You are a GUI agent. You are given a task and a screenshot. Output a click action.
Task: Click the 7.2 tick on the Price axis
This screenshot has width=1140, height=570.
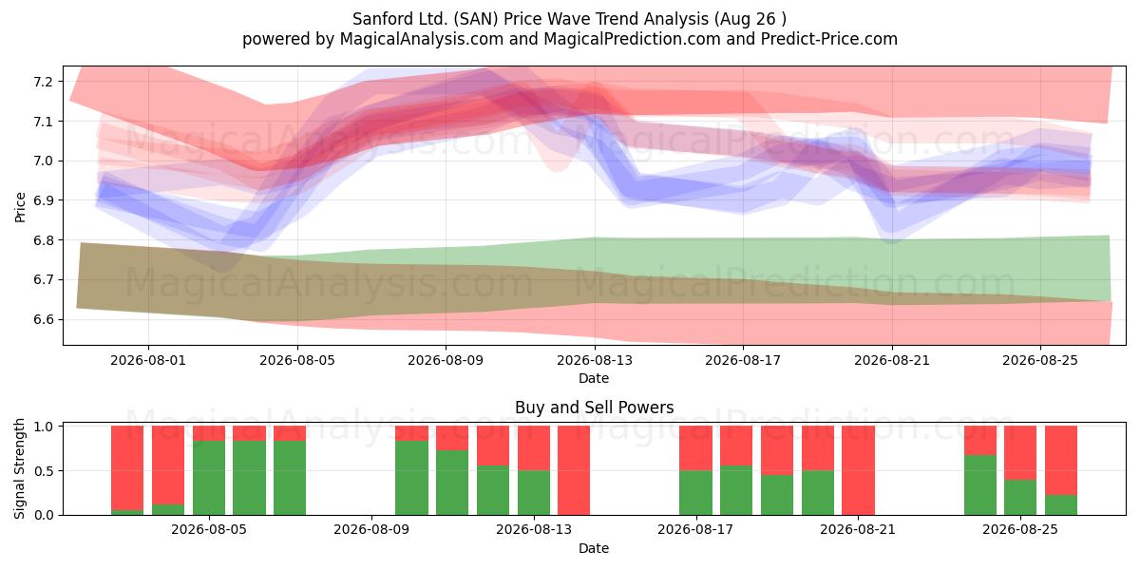coord(43,82)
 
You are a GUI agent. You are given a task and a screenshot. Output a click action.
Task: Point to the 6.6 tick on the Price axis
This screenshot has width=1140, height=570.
coord(43,319)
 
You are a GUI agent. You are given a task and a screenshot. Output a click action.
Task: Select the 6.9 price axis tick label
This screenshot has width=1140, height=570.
coord(43,200)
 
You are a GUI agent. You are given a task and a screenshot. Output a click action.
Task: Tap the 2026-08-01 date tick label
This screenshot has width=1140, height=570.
coord(148,360)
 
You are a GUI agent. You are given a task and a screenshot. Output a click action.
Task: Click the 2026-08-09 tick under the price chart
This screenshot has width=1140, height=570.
coord(446,360)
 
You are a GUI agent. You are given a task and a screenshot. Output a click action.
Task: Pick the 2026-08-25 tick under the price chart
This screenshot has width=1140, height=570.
coord(1040,360)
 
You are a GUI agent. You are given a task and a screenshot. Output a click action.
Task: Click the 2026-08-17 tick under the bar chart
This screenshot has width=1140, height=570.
coord(695,529)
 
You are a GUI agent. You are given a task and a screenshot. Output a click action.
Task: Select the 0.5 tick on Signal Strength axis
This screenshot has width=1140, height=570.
coord(43,471)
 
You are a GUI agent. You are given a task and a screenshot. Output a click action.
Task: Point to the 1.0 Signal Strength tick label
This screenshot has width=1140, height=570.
coord(43,427)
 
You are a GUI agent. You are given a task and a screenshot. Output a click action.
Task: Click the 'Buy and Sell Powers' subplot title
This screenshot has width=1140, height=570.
coord(594,408)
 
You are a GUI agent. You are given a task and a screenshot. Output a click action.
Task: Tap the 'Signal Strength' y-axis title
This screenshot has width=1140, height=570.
coord(19,468)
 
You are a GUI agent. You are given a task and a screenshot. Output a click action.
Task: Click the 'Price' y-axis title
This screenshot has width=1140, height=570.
coord(20,207)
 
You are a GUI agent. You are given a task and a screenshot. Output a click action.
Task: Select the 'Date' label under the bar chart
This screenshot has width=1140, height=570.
coord(594,548)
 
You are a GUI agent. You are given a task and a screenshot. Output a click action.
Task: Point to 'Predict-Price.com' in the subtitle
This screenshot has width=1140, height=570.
coord(829,39)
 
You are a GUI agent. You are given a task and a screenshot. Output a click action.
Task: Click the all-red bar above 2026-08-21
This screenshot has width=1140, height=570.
coord(858,470)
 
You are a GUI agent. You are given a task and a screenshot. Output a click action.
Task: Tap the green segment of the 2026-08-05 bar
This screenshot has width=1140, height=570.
coord(209,478)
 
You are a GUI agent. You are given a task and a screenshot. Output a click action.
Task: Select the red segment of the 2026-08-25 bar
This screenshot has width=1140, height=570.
coord(1020,453)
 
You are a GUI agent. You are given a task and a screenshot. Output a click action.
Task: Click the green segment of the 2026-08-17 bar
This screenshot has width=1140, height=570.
coord(695,493)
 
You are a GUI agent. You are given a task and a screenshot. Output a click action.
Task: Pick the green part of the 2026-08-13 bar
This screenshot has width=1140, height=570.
coord(534,493)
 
